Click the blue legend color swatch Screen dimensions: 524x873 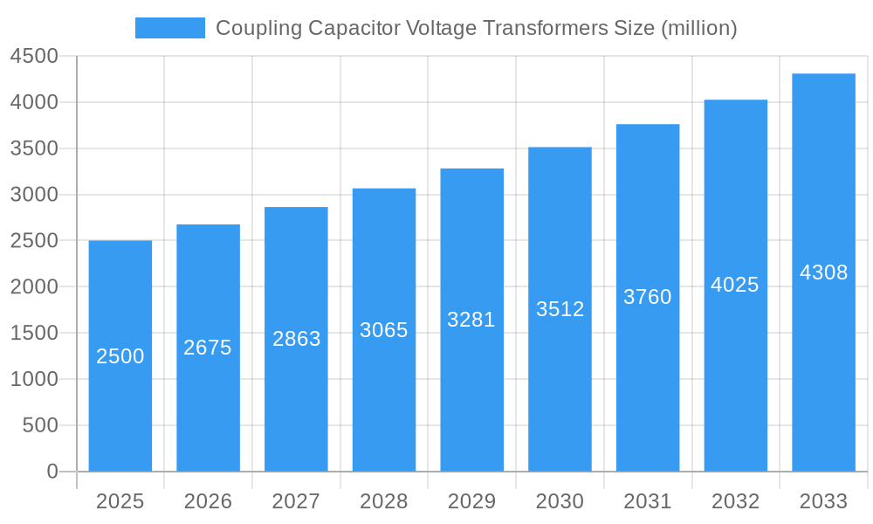169,28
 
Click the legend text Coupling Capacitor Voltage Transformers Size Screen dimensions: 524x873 476,28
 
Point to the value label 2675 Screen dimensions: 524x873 208,348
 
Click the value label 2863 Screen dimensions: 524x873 296,339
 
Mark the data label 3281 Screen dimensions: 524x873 471,320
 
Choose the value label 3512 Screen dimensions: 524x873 560,309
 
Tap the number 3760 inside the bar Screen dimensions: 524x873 648,297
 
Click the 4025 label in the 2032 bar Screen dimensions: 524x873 735,285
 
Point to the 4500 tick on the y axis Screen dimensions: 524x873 34,57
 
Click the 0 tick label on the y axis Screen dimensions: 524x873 52,472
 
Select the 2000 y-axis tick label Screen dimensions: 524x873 34,287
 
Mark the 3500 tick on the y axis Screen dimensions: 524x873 34,148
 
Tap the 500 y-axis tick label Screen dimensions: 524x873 40,425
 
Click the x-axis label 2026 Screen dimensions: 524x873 208,501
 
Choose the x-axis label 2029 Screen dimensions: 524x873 471,501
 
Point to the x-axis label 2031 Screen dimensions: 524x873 648,501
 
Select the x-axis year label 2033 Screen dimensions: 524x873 823,501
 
